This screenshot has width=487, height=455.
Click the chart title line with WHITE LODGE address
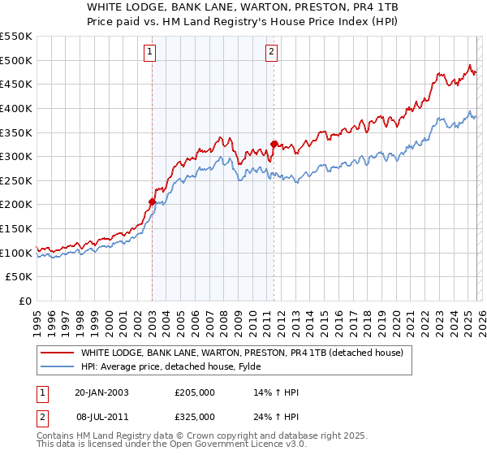tap(243, 6)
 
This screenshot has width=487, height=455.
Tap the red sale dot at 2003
tap(152, 201)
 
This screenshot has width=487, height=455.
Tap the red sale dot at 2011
tap(274, 144)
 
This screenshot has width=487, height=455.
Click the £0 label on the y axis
tap(25, 301)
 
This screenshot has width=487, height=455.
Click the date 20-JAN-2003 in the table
tap(101, 392)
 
